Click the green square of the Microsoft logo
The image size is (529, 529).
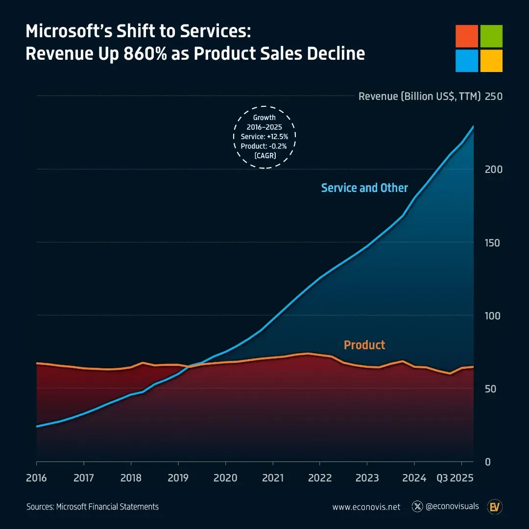(x=491, y=36)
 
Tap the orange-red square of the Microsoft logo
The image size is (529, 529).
(x=467, y=36)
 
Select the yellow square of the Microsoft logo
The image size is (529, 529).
(x=491, y=60)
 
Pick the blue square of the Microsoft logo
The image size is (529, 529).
(x=467, y=60)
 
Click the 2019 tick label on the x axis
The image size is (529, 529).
(x=178, y=478)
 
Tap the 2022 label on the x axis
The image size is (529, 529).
(x=319, y=478)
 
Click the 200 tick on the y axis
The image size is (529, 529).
(x=493, y=169)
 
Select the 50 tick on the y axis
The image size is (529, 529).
(x=490, y=389)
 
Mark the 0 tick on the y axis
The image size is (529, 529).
(x=487, y=462)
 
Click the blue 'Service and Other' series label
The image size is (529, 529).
(x=364, y=188)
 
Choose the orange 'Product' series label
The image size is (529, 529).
(x=364, y=345)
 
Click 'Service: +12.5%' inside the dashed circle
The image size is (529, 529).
(x=264, y=137)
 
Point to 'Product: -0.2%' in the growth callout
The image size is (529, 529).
(x=264, y=146)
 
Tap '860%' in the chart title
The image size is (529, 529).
(x=144, y=53)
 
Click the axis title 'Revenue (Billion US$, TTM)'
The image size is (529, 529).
(x=420, y=96)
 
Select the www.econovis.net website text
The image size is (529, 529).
(x=366, y=507)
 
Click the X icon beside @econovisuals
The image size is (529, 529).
(x=417, y=506)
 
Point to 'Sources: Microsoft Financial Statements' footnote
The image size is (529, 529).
(x=93, y=507)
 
